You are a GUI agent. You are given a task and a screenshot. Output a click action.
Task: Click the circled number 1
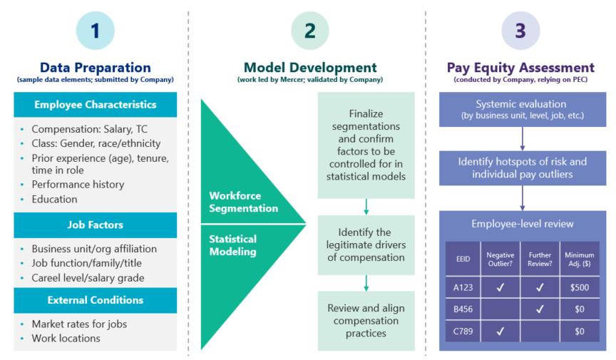(x=96, y=31)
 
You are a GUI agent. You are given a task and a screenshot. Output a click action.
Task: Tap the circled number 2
(x=310, y=31)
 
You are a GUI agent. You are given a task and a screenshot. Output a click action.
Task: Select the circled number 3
(x=520, y=31)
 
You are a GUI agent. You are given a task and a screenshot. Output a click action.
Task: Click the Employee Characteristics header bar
(x=96, y=105)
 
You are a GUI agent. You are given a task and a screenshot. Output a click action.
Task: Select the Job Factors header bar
(x=96, y=225)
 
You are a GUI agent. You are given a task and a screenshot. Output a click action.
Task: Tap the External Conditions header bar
(x=96, y=300)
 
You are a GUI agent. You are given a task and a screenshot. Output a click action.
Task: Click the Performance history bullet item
(x=78, y=185)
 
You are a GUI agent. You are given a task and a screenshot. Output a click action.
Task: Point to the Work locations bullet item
(x=66, y=339)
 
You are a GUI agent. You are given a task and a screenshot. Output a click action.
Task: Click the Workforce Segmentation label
(x=244, y=202)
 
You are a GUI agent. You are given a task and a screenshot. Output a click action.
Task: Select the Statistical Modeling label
(x=233, y=245)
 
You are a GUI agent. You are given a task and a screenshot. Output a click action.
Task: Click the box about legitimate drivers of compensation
(x=366, y=245)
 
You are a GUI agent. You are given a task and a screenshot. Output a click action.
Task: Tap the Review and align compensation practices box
(x=366, y=321)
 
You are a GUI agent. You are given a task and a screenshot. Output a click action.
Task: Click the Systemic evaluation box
(x=523, y=109)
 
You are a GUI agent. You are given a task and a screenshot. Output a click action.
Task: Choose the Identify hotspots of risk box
(x=523, y=168)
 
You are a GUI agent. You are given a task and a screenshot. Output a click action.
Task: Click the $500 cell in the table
(x=580, y=287)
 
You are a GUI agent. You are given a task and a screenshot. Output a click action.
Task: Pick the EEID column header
(x=463, y=259)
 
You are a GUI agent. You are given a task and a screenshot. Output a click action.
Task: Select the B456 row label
(x=463, y=309)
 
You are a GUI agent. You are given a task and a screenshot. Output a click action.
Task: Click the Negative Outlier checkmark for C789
(x=500, y=331)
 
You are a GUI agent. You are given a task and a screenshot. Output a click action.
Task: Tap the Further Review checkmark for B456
(x=540, y=309)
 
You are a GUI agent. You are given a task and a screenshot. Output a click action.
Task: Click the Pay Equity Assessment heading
(x=520, y=68)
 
